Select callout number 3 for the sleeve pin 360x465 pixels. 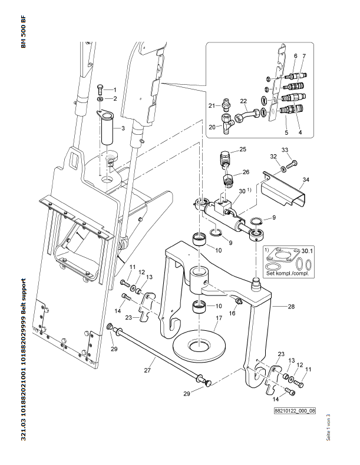click(123, 128)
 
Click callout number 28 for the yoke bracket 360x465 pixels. click(291, 307)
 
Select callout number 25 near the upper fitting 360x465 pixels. click(242, 150)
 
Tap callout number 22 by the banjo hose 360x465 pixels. click(242, 101)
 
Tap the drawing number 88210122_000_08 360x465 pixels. click(295, 411)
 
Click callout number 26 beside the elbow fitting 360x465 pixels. click(246, 172)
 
